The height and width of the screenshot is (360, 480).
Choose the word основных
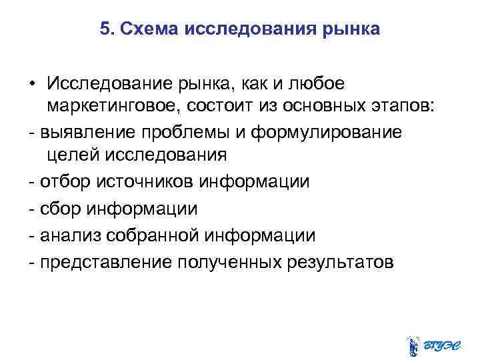(x=329, y=108)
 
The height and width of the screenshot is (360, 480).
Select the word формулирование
(x=327, y=131)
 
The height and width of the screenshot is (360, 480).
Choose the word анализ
(x=66, y=235)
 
